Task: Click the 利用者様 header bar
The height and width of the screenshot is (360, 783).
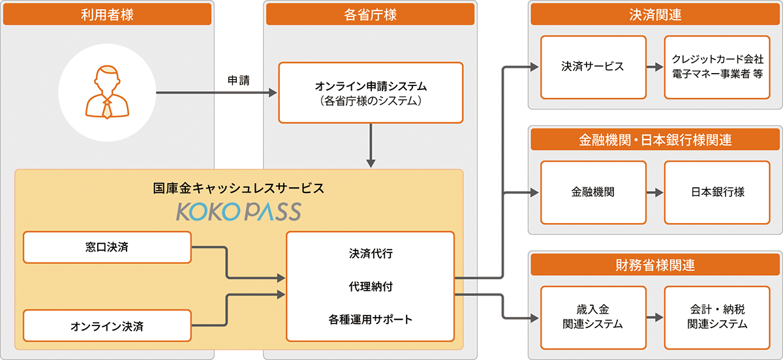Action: pos(107,14)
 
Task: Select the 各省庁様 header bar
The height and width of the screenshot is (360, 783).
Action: pos(370,14)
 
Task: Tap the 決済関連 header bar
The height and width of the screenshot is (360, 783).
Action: pos(656,14)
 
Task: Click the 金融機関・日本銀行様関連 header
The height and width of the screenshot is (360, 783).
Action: pos(656,140)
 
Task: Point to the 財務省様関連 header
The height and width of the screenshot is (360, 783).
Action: pos(656,265)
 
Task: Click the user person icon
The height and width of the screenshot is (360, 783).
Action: pos(107,92)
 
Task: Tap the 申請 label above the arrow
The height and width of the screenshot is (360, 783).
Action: pos(238,80)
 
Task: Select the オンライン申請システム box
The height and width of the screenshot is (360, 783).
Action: pos(371,93)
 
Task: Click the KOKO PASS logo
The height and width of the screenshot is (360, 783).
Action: pos(238,211)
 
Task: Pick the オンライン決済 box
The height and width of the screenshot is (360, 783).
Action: pos(107,326)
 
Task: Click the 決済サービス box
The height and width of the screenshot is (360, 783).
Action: pos(593,67)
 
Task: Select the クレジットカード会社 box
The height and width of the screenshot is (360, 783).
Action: pos(717,67)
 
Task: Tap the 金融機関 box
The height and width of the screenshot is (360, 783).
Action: pos(593,192)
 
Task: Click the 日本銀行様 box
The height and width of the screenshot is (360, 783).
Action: pos(717,192)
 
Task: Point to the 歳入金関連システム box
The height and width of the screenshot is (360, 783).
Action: pos(593,318)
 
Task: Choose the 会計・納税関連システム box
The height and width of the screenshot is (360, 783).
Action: pos(717,318)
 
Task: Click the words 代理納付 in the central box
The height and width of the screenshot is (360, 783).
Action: pos(370,286)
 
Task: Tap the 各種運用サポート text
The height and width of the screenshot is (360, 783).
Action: pos(370,320)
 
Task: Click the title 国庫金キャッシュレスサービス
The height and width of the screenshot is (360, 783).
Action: pos(238,188)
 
